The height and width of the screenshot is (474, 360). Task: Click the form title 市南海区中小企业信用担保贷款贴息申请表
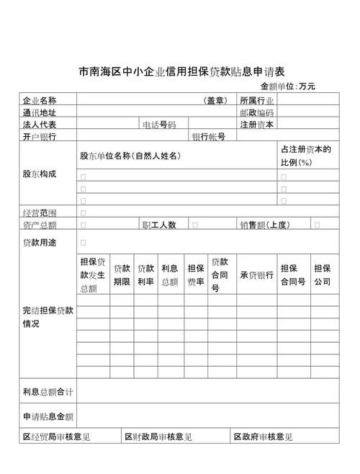pyautogui.click(x=181, y=72)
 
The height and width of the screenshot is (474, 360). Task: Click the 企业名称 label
pyautogui.click(x=40, y=100)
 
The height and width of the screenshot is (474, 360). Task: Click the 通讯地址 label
pyautogui.click(x=40, y=112)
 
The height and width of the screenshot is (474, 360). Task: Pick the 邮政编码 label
pyautogui.click(x=257, y=112)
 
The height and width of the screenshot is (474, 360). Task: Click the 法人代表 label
pyautogui.click(x=40, y=124)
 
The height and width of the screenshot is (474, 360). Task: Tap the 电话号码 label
pyautogui.click(x=159, y=125)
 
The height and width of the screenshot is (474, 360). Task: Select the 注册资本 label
pyautogui.click(x=257, y=124)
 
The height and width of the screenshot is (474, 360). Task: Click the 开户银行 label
pyautogui.click(x=40, y=136)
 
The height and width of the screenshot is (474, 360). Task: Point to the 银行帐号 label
pyautogui.click(x=209, y=136)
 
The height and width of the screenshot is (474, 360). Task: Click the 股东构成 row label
pyautogui.click(x=40, y=174)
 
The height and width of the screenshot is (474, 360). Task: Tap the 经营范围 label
pyautogui.click(x=40, y=213)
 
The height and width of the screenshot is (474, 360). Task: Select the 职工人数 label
pyautogui.click(x=159, y=225)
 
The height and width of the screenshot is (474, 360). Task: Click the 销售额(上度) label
pyautogui.click(x=264, y=225)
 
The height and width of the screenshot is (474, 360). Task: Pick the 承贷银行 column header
pyautogui.click(x=256, y=274)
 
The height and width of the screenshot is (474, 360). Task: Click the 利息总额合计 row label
pyautogui.click(x=48, y=392)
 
